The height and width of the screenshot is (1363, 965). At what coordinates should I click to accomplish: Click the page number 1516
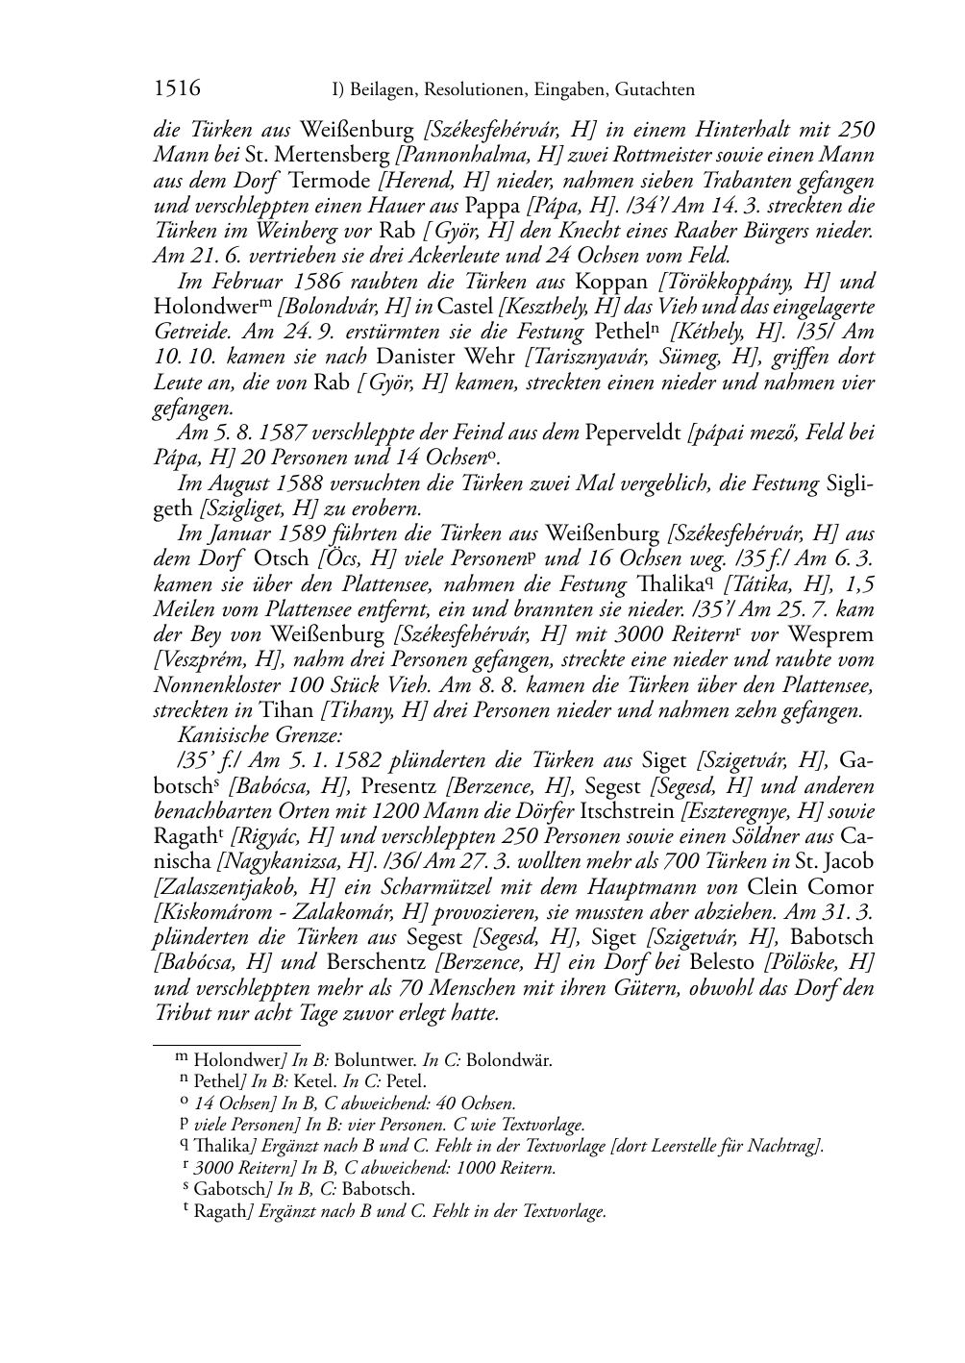[x=177, y=90]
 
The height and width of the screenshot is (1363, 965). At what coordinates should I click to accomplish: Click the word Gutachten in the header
[x=653, y=91]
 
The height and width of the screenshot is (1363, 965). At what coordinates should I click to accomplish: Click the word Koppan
[x=612, y=282]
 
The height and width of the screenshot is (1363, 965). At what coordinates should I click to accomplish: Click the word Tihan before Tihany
[x=285, y=711]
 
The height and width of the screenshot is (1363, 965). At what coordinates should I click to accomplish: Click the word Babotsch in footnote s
[x=378, y=1190]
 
